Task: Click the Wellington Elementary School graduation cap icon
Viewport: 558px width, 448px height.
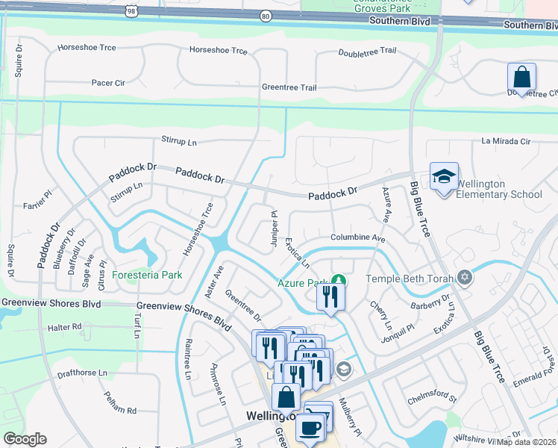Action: tap(444, 177)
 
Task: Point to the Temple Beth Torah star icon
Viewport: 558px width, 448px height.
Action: tap(465, 279)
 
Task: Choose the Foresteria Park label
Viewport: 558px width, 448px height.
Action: tap(148, 275)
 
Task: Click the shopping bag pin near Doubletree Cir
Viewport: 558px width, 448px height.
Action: tap(521, 78)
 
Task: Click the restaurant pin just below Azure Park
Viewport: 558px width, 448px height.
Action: tap(330, 297)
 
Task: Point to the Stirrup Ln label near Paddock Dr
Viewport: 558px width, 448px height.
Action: tap(127, 190)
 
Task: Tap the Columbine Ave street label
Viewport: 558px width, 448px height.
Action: tap(357, 237)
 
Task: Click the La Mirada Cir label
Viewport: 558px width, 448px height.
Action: tap(505, 140)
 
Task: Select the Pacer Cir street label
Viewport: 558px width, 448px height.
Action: tap(108, 83)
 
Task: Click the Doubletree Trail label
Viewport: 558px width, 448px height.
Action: tap(367, 52)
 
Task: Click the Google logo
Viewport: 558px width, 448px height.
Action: tap(25, 439)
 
